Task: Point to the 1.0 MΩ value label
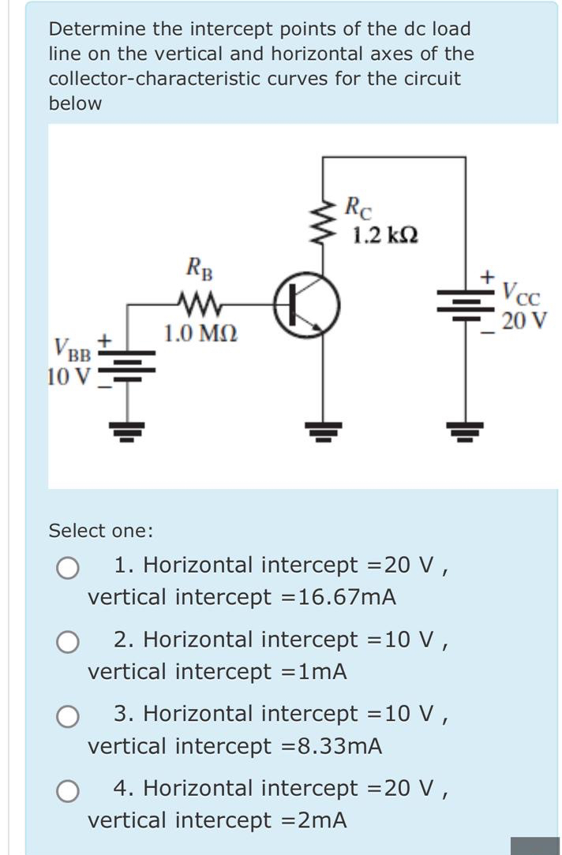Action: pos(200,334)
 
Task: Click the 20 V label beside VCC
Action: pos(524,322)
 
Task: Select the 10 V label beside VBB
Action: pos(69,376)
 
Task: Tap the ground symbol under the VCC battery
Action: pos(465,431)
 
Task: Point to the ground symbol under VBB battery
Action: pos(126,431)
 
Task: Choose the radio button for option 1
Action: pos(68,568)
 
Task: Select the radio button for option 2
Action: pos(68,642)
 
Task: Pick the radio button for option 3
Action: pos(68,716)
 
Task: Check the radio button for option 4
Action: pos(68,790)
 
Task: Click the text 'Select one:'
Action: pos(101,531)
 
